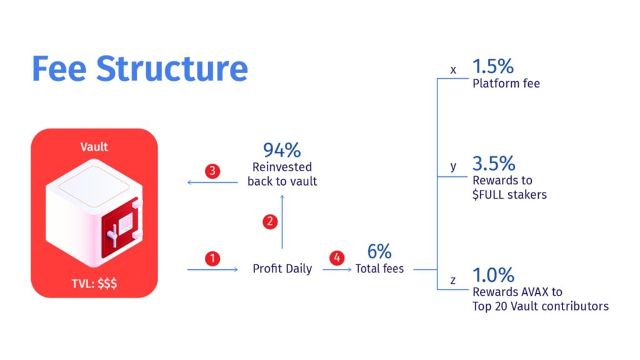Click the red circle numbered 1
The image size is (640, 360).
coord(212,258)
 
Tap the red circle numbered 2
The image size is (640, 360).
coord(270,222)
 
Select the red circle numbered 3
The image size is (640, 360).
coord(212,171)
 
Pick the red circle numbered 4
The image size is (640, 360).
coord(337,257)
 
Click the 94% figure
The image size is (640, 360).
coord(282,150)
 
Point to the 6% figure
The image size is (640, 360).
coord(379,251)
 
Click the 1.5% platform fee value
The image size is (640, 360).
coord(493,66)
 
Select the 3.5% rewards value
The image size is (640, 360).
coord(494,163)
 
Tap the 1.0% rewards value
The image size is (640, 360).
coord(494,275)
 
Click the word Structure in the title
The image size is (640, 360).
coord(172,69)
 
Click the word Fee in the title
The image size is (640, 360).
coord(59,69)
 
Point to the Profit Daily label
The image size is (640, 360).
coord(282,269)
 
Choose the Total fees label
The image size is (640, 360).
coord(379,269)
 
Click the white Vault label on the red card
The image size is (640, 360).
coord(94,147)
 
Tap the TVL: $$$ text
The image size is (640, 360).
coord(94,283)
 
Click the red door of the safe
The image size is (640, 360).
coord(121,229)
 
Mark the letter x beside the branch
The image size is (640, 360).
coord(453,70)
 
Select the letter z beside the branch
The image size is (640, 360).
coord(453,281)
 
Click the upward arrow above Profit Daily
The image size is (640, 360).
coord(282,222)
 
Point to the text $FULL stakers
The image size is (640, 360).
coord(509,195)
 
